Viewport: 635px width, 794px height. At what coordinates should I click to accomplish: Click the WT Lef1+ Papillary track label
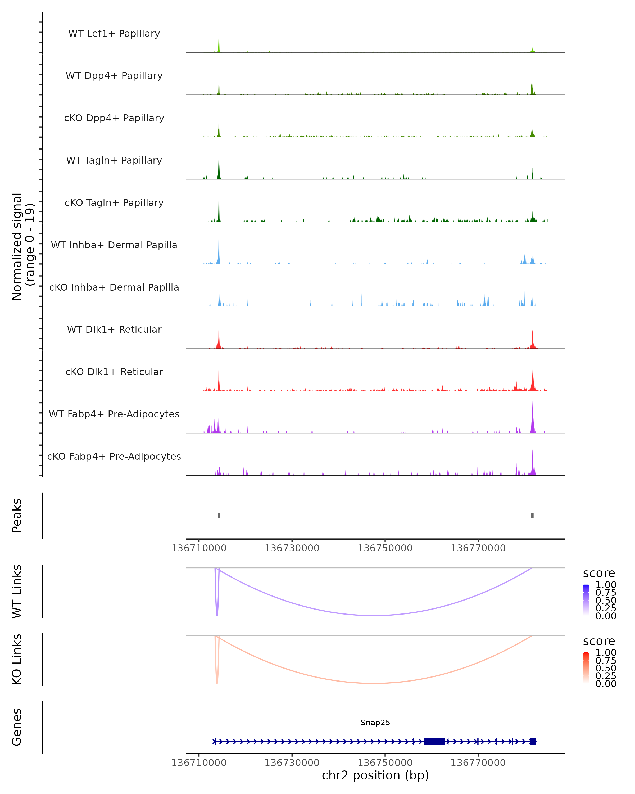(114, 34)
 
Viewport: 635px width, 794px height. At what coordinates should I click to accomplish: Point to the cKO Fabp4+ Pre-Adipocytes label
(114, 456)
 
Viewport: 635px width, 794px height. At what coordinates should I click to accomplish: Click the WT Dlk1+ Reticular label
(114, 329)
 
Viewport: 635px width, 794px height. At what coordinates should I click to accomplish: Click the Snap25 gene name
(375, 722)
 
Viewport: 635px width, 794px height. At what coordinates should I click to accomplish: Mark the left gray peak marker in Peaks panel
(219, 516)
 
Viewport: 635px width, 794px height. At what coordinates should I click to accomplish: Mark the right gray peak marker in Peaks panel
(532, 516)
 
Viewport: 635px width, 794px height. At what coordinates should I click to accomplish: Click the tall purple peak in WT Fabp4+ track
(532, 416)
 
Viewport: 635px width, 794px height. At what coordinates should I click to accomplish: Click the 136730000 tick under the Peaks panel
(292, 548)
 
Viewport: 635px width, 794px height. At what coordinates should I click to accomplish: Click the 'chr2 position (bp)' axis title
(375, 775)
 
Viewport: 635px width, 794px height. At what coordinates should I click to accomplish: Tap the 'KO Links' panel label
(17, 659)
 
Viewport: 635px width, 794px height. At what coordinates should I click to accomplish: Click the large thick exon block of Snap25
(434, 741)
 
